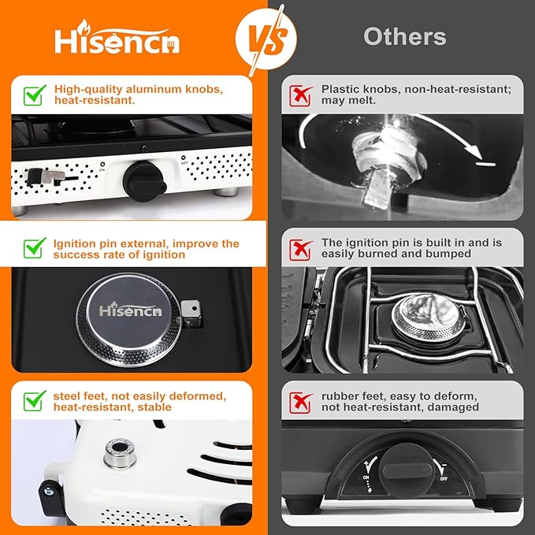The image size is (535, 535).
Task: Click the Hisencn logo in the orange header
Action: (117, 39)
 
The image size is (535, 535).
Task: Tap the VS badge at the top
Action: (267, 35)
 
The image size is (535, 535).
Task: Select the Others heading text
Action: (404, 36)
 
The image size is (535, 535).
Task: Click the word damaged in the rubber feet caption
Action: (451, 407)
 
